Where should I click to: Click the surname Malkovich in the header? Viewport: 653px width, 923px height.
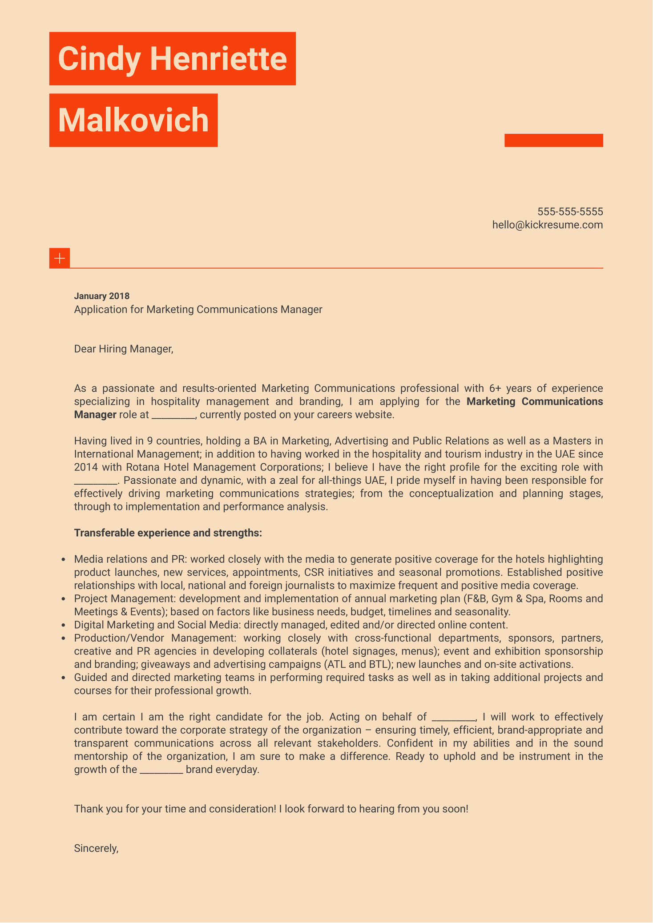click(x=133, y=120)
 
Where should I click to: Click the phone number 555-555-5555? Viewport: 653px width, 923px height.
click(x=570, y=211)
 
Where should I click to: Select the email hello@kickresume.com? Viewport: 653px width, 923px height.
click(x=547, y=225)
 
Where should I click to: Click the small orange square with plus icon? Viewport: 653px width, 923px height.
click(x=60, y=258)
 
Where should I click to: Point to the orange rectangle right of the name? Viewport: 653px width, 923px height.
click(x=553, y=140)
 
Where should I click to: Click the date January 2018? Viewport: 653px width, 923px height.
click(x=101, y=296)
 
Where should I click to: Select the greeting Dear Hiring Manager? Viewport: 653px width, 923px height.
click(x=123, y=349)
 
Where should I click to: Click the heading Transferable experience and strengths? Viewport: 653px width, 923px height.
click(x=168, y=533)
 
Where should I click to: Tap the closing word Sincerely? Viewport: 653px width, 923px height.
click(x=96, y=848)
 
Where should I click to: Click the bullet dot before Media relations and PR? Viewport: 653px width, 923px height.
click(x=63, y=559)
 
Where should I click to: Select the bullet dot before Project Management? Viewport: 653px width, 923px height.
click(x=63, y=599)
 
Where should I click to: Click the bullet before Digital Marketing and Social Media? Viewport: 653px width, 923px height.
click(x=63, y=625)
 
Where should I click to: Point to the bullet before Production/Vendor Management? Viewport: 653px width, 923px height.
click(x=63, y=638)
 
